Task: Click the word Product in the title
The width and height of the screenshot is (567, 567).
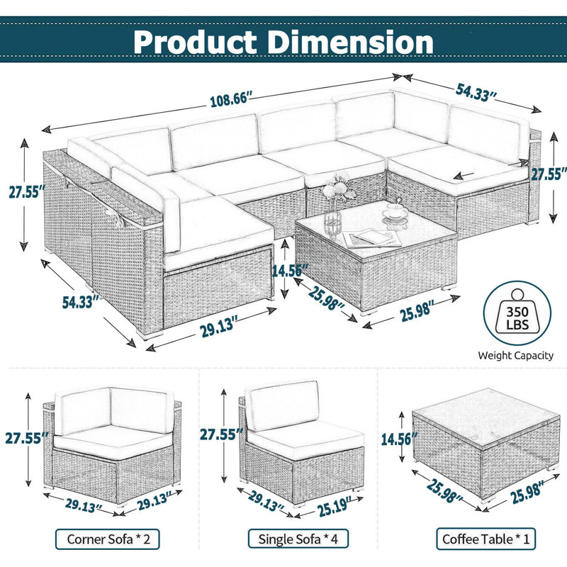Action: click(x=196, y=42)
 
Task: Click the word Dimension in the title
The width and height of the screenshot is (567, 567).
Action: click(x=351, y=42)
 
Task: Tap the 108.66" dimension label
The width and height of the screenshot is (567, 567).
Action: click(x=231, y=99)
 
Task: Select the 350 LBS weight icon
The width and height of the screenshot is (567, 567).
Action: click(x=517, y=313)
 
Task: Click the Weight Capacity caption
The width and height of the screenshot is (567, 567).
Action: click(x=516, y=356)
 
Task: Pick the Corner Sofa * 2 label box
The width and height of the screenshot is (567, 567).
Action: click(x=108, y=539)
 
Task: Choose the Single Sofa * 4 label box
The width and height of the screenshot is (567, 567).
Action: click(x=298, y=539)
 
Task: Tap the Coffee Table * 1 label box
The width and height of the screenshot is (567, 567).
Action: click(x=485, y=539)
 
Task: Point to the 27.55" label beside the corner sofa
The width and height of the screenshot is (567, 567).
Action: click(x=27, y=437)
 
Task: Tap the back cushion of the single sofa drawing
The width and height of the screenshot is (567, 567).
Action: click(x=282, y=405)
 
